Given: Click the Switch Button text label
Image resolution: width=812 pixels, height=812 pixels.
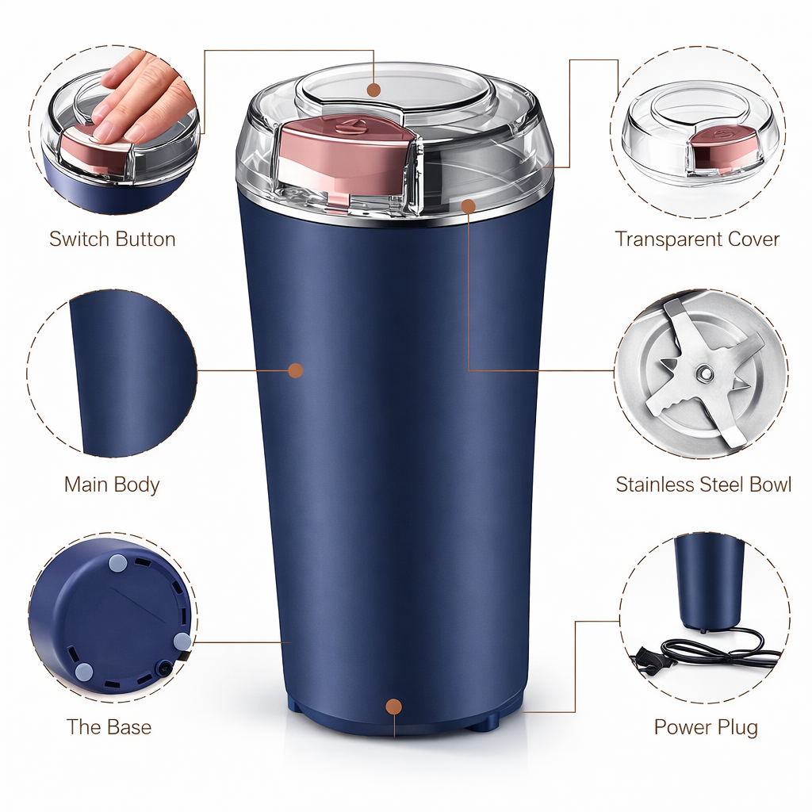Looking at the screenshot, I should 112,239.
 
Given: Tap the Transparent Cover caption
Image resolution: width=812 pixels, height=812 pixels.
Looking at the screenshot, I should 697,239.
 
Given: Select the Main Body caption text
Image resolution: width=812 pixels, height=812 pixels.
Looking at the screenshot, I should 112,485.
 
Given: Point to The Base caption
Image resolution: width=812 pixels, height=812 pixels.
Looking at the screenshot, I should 109,727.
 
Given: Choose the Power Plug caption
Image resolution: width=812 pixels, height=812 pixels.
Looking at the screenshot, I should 706,727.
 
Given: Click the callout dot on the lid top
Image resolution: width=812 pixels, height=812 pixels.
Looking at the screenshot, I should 373,90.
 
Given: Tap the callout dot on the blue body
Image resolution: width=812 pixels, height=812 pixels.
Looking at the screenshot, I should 296,370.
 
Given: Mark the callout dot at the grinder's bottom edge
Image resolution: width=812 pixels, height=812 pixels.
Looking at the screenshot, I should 393,706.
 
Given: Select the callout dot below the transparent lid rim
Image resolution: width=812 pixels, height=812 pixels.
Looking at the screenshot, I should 469,206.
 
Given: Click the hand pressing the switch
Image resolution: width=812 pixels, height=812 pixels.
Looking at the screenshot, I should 143,95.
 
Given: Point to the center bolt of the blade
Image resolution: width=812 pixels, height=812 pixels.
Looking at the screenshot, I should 703,372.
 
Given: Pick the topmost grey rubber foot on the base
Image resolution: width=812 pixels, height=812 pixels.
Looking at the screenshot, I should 117,564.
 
